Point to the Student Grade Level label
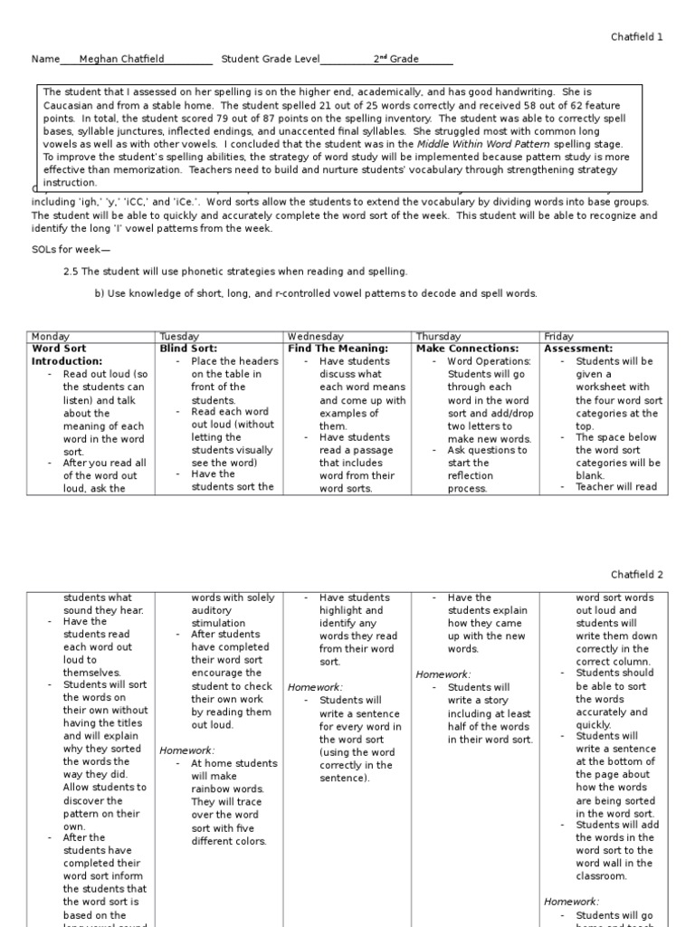tap(270, 59)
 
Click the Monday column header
tap(51, 336)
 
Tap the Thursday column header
tap(439, 336)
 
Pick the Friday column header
tap(558, 336)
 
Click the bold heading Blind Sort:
tap(188, 349)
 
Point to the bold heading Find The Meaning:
tap(338, 349)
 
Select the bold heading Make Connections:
tap(467, 349)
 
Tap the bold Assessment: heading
tap(578, 349)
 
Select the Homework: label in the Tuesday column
tap(187, 750)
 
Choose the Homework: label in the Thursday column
tap(443, 674)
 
